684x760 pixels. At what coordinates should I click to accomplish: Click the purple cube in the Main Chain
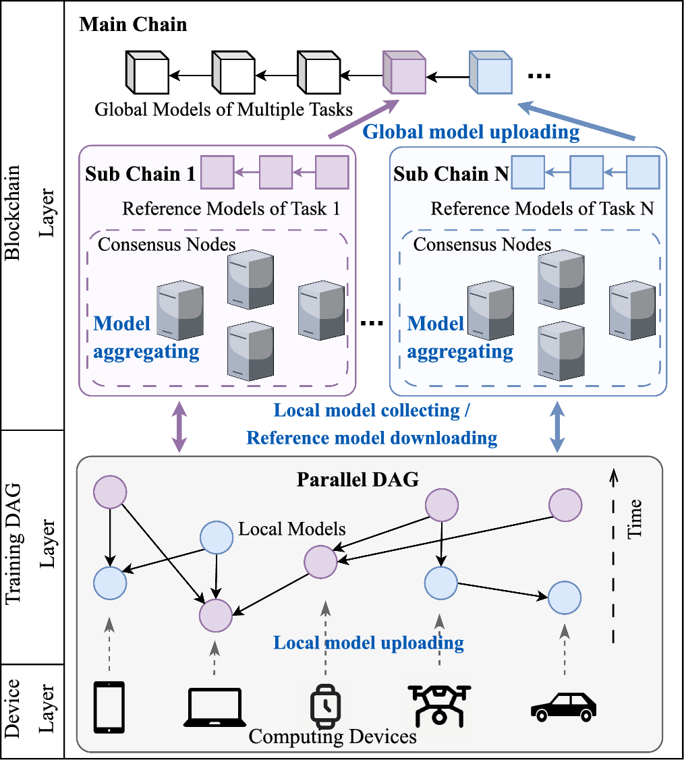click(x=403, y=72)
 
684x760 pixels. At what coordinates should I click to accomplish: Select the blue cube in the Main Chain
click(x=490, y=72)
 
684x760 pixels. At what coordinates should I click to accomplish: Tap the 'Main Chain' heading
click(x=133, y=26)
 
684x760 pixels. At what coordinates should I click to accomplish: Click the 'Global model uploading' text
click(x=471, y=131)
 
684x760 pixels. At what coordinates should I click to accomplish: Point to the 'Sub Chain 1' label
click(x=140, y=174)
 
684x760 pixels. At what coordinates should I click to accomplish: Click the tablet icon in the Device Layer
click(x=109, y=707)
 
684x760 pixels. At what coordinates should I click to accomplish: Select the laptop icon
click(x=214, y=707)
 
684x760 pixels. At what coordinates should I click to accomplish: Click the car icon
click(x=564, y=707)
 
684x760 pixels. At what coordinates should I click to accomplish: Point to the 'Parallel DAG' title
click(x=358, y=480)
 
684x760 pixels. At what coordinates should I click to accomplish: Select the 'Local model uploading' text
click(x=368, y=643)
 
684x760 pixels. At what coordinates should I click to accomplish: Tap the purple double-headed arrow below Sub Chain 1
click(x=179, y=427)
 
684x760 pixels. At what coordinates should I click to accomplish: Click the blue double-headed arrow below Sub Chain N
click(x=558, y=427)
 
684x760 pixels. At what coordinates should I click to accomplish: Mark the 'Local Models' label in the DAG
click(x=292, y=529)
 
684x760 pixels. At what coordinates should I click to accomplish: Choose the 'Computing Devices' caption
click(x=333, y=736)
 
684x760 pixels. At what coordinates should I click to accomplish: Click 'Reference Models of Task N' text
click(x=542, y=208)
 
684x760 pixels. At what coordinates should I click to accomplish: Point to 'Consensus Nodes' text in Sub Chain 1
click(x=167, y=243)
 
